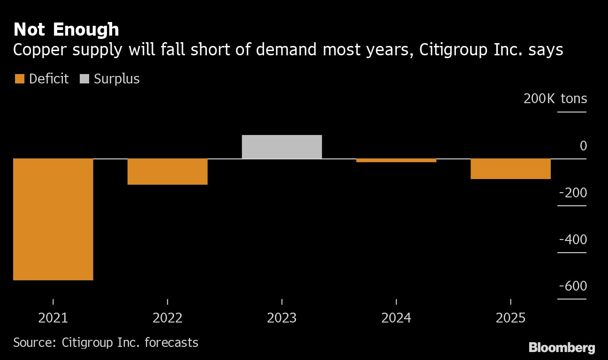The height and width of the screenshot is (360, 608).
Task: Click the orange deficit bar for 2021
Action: pyautogui.click(x=53, y=219)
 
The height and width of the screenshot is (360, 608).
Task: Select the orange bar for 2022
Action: pyautogui.click(x=167, y=172)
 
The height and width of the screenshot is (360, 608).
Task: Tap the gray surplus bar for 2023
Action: pyautogui.click(x=282, y=147)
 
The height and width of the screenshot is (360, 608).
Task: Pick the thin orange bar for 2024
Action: pyautogui.click(x=396, y=160)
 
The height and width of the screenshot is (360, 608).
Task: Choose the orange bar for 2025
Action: pyautogui.click(x=510, y=169)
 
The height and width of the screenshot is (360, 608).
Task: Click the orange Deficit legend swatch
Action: pyautogui.click(x=19, y=79)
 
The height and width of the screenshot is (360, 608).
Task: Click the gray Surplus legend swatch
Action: pyautogui.click(x=84, y=79)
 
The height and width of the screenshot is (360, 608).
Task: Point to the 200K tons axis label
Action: pyautogui.click(x=555, y=98)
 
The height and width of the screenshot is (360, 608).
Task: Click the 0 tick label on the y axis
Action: pyautogui.click(x=583, y=146)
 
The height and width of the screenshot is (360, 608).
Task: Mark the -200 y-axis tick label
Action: pyautogui.click(x=573, y=193)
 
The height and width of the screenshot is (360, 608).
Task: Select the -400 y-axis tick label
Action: pyautogui.click(x=573, y=240)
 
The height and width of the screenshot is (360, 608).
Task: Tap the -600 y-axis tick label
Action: pyautogui.click(x=573, y=286)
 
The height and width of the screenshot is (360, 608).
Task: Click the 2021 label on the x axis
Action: pyautogui.click(x=53, y=318)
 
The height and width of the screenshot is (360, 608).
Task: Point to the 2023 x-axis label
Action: pyautogui.click(x=282, y=318)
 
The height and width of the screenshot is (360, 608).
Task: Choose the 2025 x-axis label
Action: pyautogui.click(x=510, y=318)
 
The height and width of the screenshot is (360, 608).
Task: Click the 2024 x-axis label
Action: pyautogui.click(x=396, y=318)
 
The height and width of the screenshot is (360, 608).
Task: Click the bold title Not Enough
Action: pyautogui.click(x=66, y=30)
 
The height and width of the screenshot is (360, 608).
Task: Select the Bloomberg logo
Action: pyautogui.click(x=562, y=347)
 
